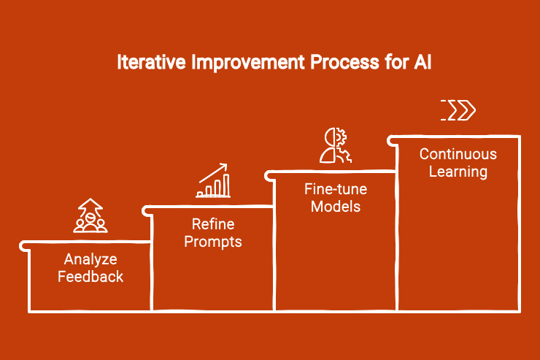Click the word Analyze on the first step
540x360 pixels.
click(90, 260)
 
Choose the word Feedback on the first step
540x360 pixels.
click(90, 277)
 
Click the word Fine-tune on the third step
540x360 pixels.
click(336, 190)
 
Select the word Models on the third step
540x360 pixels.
click(336, 207)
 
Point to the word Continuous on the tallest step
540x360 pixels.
click(458, 155)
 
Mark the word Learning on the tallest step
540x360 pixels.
click(458, 172)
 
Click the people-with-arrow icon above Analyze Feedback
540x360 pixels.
click(90, 215)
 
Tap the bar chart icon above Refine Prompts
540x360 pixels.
click(213, 181)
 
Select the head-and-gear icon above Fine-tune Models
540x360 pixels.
click(336, 145)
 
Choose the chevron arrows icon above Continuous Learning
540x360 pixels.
click(458, 110)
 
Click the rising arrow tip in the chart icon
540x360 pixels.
click(225, 166)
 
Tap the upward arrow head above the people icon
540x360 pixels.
click(90, 202)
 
